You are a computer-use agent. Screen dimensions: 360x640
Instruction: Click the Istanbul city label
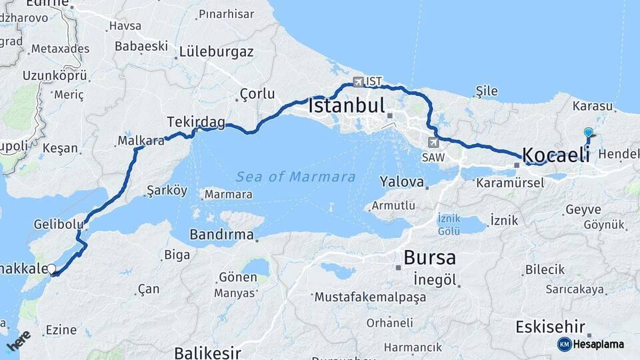347,106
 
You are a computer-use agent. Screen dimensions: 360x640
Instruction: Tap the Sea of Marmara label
295,177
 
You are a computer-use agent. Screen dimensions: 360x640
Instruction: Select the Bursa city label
430,257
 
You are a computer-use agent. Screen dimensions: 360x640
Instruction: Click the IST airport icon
359,82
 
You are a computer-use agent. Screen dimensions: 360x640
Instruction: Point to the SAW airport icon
434,142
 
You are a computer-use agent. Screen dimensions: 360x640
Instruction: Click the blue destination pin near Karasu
588,133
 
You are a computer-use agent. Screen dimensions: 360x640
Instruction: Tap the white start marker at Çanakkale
51,270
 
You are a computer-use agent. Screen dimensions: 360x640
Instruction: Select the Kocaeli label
556,155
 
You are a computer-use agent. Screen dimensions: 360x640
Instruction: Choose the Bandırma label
221,235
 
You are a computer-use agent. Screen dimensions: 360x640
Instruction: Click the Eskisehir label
551,327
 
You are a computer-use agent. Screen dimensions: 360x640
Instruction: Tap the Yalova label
402,181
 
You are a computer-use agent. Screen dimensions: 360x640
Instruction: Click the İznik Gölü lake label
449,225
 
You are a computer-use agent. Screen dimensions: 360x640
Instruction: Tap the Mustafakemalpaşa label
371,297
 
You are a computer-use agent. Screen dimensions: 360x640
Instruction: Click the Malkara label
141,141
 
